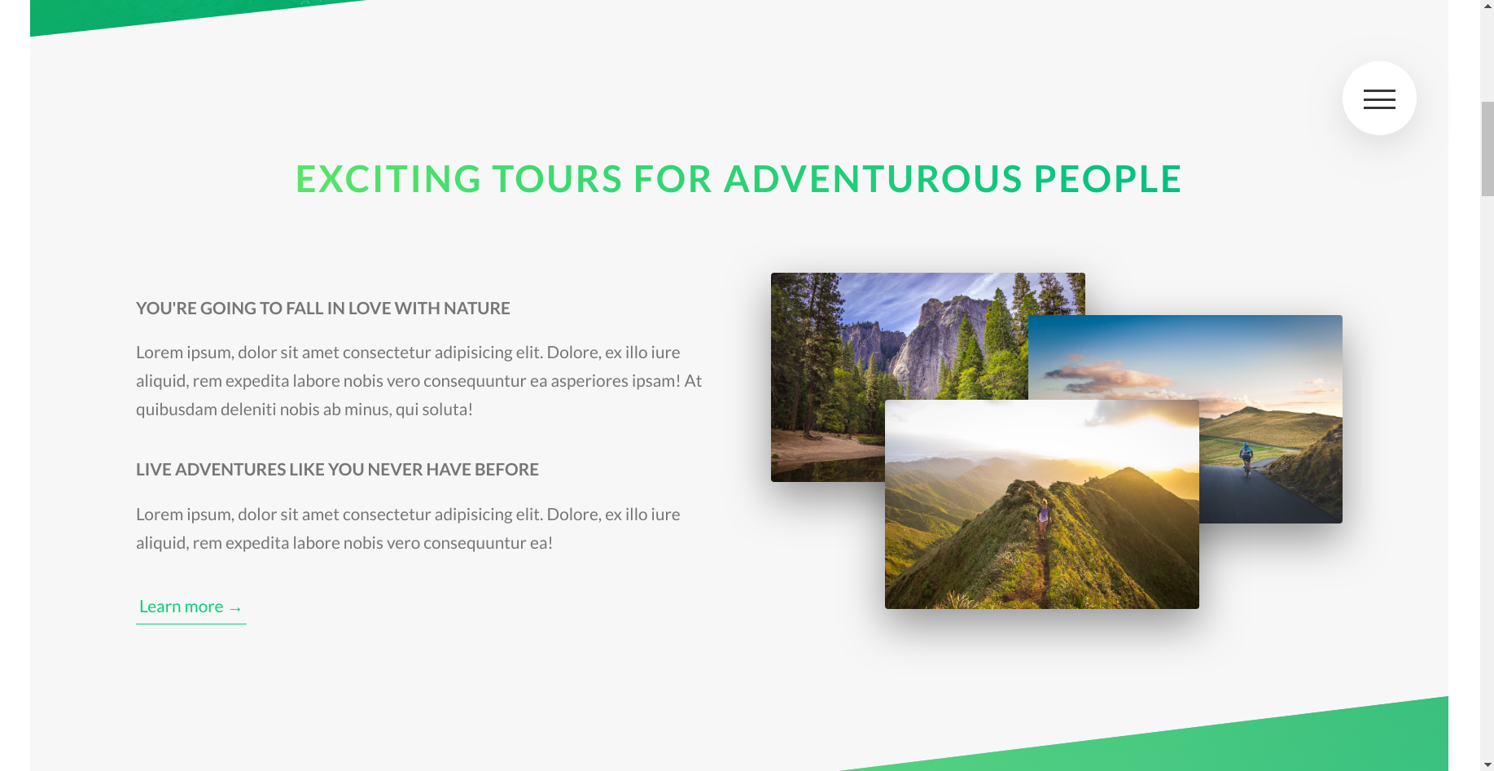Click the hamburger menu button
click(x=1379, y=99)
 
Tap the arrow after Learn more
click(x=235, y=609)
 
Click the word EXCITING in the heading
click(x=388, y=179)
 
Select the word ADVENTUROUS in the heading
click(x=873, y=179)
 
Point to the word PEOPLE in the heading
click(x=1108, y=179)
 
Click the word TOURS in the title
click(x=558, y=179)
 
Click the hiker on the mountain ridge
click(x=1043, y=513)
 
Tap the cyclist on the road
click(x=1246, y=458)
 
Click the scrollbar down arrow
click(x=1487, y=764)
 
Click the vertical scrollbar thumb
click(x=1487, y=149)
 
